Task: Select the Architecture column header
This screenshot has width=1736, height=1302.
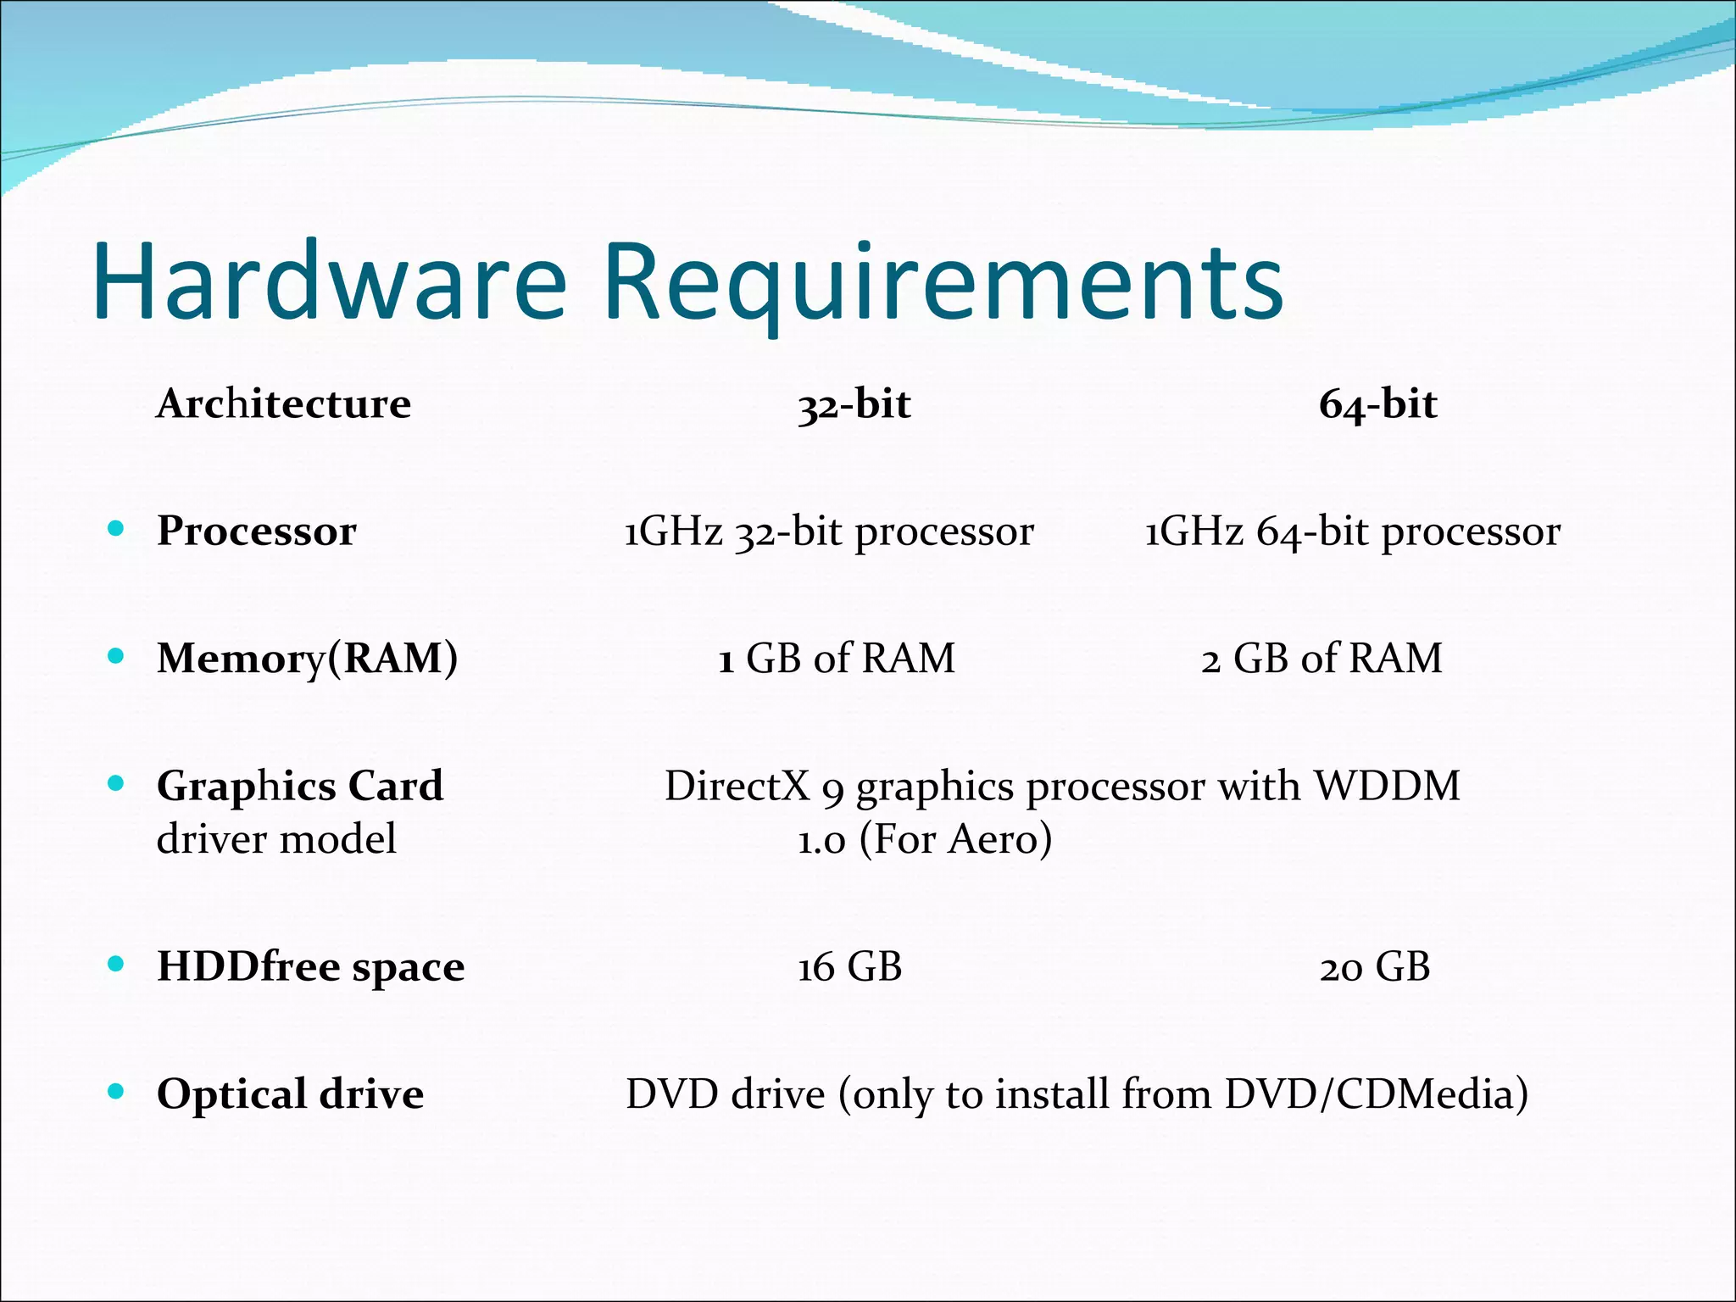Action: [x=284, y=403]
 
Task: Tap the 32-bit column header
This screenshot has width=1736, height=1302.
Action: [x=854, y=404]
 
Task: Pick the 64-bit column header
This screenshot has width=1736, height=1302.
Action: [x=1377, y=404]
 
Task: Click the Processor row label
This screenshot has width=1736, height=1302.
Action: [x=257, y=531]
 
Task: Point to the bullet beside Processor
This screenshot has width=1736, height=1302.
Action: [x=116, y=530]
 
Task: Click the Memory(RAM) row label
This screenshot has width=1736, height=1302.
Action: [x=307, y=659]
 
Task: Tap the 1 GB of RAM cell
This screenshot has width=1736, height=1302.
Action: [x=837, y=659]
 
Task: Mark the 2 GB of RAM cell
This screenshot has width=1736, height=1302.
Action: [x=1321, y=659]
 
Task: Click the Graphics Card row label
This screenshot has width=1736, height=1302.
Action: [x=300, y=786]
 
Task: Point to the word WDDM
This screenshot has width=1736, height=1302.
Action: [x=1387, y=786]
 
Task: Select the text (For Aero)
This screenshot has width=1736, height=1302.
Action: [x=955, y=839]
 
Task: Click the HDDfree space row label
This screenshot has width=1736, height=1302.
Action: [x=310, y=967]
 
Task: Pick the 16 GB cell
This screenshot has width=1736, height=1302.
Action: [x=849, y=967]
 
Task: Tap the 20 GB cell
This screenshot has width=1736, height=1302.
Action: [x=1374, y=967]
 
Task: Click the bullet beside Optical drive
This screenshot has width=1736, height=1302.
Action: [x=116, y=1092]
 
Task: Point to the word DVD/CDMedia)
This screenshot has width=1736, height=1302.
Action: [x=1376, y=1094]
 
